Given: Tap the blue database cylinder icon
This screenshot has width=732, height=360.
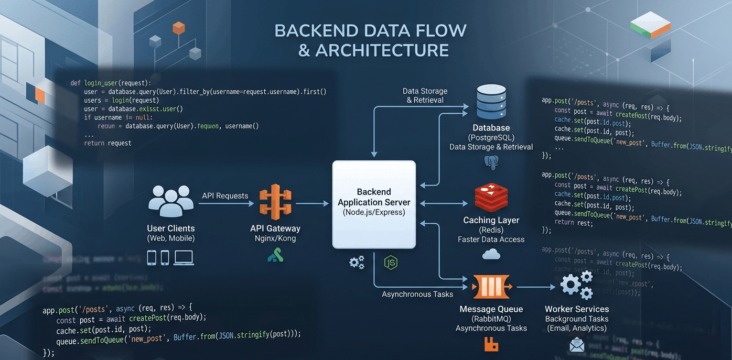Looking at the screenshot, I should coord(491,103).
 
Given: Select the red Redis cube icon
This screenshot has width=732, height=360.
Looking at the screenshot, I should coord(491,198).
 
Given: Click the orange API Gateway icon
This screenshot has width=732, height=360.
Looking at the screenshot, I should coord(275,202).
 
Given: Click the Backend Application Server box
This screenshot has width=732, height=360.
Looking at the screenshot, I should coord(374,204).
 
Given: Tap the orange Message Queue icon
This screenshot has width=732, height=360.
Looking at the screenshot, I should coord(491,287).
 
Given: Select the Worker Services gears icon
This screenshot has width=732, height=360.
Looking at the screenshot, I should coord(576,285).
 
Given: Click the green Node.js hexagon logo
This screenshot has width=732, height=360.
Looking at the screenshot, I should coord(390,263).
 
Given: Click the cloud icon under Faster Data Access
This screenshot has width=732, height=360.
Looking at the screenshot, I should coord(491,255).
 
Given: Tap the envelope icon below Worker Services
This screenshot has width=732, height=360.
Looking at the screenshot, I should coord(576,345).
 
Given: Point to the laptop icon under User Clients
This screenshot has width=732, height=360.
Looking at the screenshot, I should coord(184,257).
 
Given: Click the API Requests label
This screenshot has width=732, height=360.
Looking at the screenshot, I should coord(225,195).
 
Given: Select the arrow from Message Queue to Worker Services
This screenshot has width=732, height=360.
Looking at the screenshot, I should coord(536,287).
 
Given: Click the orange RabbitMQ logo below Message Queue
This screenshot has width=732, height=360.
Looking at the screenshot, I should coord(491,344).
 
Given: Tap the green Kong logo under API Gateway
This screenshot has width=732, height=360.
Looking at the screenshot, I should coord(275,255).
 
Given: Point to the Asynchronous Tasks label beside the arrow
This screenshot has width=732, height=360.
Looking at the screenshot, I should coord(417,294).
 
